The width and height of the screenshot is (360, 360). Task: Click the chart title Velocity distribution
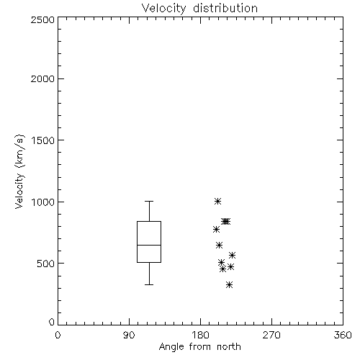click(x=199, y=8)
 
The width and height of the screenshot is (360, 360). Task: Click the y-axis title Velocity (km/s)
click(x=19, y=171)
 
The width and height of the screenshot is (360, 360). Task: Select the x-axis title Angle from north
click(x=199, y=346)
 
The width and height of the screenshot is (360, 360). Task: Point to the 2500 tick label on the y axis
click(x=42, y=19)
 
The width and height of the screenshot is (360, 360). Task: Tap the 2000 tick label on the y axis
click(x=42, y=78)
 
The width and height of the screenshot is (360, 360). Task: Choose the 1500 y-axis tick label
click(x=43, y=140)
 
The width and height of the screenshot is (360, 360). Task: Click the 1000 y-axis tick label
click(x=43, y=202)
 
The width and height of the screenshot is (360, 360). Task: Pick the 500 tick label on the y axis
click(x=45, y=264)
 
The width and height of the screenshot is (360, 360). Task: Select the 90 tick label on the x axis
click(x=129, y=335)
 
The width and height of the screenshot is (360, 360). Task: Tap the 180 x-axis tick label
click(x=200, y=335)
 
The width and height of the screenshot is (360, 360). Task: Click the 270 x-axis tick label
click(x=271, y=335)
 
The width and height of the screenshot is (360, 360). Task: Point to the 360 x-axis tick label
click(x=343, y=335)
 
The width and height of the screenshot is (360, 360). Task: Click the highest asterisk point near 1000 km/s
click(x=217, y=201)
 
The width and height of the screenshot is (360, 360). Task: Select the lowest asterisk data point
click(x=230, y=284)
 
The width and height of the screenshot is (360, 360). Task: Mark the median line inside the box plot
click(x=149, y=245)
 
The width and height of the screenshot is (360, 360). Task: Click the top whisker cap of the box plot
click(x=149, y=201)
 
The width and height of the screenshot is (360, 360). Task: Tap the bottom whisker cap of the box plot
click(x=149, y=284)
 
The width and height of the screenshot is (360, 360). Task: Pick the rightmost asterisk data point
click(x=232, y=255)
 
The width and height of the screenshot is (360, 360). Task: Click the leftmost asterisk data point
click(x=216, y=230)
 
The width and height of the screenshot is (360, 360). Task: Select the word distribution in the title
click(x=225, y=8)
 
